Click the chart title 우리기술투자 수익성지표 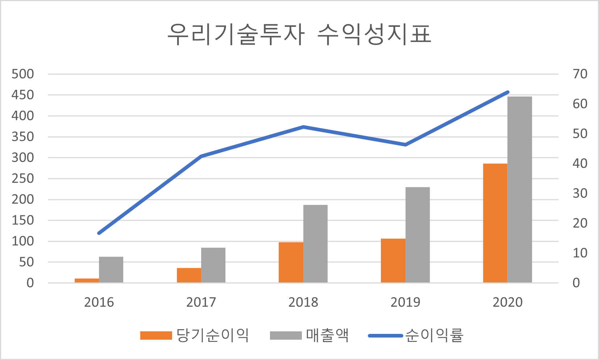(x=299, y=35)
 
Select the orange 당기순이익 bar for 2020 (x=495, y=223)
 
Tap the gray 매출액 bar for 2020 (x=520, y=190)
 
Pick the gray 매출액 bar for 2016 (x=111, y=270)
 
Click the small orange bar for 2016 (x=87, y=281)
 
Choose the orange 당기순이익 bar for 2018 (x=291, y=262)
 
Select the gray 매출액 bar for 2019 (x=417, y=235)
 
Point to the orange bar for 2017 (x=189, y=275)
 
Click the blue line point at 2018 (x=303, y=127)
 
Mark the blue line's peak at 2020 (x=508, y=92)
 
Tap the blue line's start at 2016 (x=99, y=233)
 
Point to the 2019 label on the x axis (x=405, y=302)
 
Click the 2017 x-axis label (x=201, y=302)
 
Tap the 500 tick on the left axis (x=23, y=74)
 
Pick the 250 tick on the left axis (x=23, y=178)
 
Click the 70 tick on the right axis (x=580, y=74)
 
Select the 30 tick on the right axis (x=580, y=193)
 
